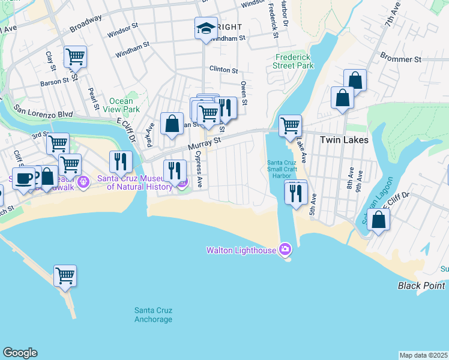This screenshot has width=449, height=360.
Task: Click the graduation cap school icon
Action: (205, 28)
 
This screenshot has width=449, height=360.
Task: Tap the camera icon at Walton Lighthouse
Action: (285, 249)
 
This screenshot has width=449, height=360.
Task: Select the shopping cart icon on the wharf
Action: (65, 276)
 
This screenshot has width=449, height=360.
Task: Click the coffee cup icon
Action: (24, 178)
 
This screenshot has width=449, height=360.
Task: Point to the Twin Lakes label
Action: (344, 139)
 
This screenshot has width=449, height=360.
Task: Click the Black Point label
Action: (421, 286)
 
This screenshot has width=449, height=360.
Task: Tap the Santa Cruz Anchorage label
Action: (153, 314)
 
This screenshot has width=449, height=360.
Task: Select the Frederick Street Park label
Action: (294, 61)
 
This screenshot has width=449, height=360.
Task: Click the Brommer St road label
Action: (400, 59)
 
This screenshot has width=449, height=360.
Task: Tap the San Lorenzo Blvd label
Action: (43, 112)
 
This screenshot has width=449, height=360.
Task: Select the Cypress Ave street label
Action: (199, 172)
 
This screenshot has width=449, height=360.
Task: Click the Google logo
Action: (20, 353)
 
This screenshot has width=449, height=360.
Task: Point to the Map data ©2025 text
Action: (423, 355)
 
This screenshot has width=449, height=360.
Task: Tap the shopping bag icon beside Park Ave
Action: (172, 124)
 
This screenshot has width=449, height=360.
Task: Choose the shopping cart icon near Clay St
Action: (75, 57)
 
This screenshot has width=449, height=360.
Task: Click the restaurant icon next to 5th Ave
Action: (296, 193)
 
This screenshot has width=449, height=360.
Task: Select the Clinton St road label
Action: (223, 70)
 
